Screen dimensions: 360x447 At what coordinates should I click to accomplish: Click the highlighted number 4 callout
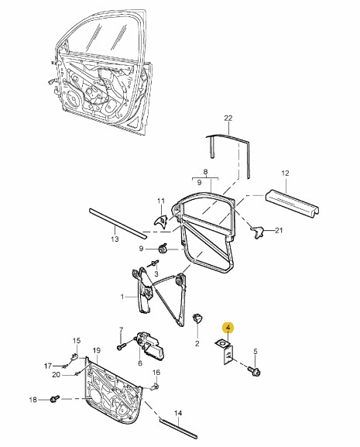(x=228, y=328)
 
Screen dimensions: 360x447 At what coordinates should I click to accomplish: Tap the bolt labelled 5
(x=255, y=370)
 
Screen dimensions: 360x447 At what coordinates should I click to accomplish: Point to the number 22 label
(x=228, y=118)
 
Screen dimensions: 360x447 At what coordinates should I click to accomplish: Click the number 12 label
(x=285, y=173)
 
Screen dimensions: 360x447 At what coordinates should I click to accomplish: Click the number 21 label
(x=279, y=230)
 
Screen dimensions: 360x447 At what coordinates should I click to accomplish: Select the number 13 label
(x=115, y=239)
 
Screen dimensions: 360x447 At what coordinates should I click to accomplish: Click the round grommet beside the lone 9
(x=163, y=249)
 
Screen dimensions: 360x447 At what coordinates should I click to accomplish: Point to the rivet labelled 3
(x=154, y=263)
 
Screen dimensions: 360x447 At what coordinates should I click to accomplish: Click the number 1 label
(x=122, y=297)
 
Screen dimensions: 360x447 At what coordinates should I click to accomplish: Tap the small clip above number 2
(x=197, y=318)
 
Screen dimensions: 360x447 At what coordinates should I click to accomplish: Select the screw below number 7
(x=121, y=347)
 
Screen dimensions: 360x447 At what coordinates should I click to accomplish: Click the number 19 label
(x=97, y=350)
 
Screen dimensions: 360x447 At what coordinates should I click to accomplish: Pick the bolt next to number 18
(x=54, y=399)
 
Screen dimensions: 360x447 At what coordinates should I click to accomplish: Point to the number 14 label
(x=178, y=413)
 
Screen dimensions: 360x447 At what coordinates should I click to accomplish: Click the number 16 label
(x=156, y=373)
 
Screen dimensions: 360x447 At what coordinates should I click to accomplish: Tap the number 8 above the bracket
(x=205, y=172)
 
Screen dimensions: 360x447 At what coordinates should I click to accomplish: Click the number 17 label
(x=48, y=366)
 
